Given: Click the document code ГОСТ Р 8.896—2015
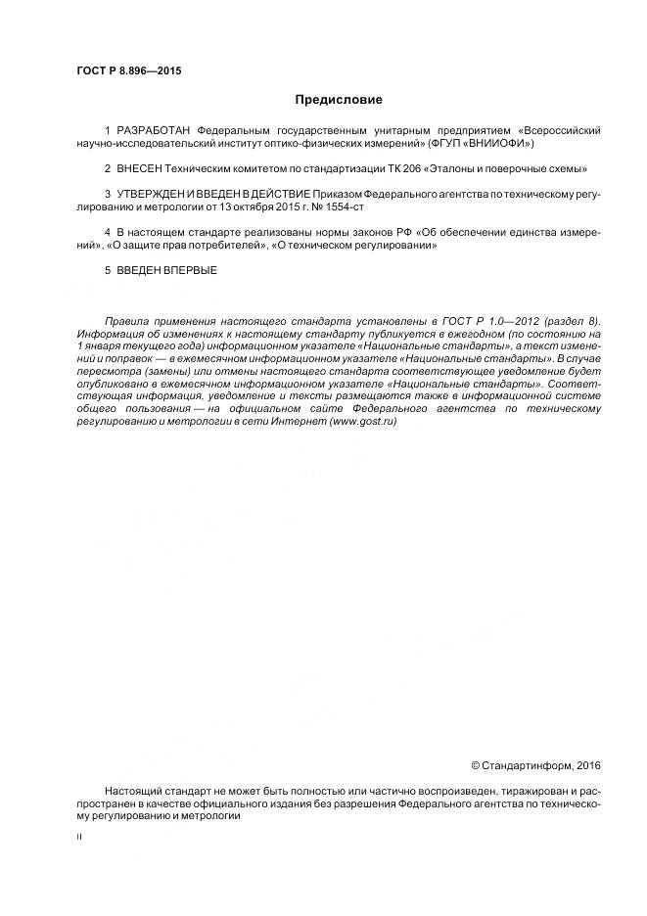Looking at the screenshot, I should click(129, 71).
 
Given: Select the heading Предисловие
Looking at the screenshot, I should click(339, 100).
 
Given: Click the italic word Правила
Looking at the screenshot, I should click(125, 321).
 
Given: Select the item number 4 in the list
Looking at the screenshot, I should click(107, 233).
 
